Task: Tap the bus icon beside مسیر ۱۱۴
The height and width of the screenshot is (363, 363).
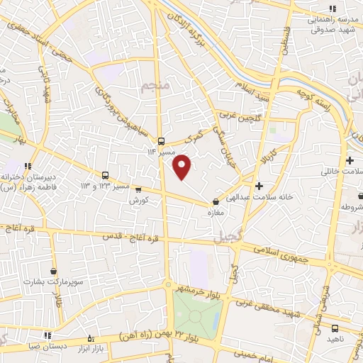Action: tap(162, 140)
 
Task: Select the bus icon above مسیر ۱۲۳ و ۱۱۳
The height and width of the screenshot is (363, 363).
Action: tap(106, 174)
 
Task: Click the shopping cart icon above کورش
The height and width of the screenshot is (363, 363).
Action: tap(138, 189)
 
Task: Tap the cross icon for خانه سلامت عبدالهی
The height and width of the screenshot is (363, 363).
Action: tap(259, 186)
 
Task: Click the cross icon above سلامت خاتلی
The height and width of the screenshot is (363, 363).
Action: tap(350, 160)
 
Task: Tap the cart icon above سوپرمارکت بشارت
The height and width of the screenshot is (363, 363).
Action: tap(54, 270)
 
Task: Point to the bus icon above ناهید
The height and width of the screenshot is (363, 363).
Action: tap(336, 328)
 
